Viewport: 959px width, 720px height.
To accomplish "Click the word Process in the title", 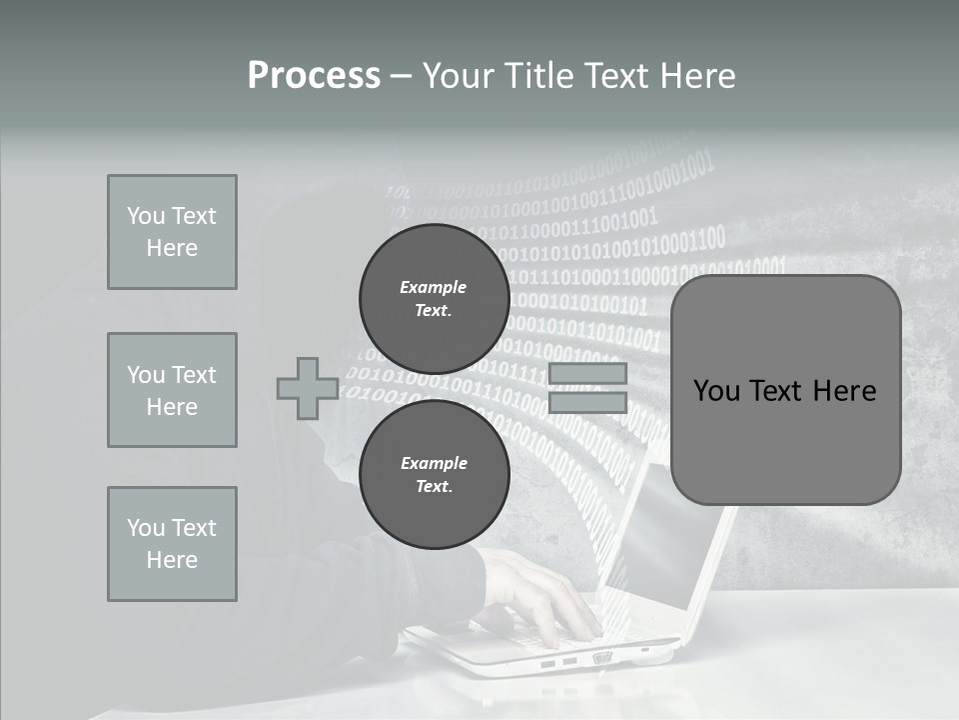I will pyautogui.click(x=314, y=76).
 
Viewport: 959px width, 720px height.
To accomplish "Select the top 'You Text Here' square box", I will pyautogui.click(x=172, y=232).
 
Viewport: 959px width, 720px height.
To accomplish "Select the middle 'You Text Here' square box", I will pyautogui.click(x=172, y=390).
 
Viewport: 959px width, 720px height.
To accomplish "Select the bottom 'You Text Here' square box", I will pyautogui.click(x=172, y=544).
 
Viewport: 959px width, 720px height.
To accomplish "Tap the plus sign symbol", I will pyautogui.click(x=308, y=388).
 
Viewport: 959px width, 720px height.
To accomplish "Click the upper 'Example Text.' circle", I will pyautogui.click(x=434, y=298).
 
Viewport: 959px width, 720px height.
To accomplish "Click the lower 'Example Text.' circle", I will pyautogui.click(x=434, y=474).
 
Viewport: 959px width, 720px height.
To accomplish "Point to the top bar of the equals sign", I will pyautogui.click(x=587, y=373).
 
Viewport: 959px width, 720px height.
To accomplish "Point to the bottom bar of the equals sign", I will pyautogui.click(x=587, y=402).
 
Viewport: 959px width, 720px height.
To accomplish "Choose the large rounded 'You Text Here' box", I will pyautogui.click(x=785, y=390).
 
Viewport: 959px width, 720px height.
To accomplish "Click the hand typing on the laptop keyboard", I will pyautogui.click(x=539, y=595).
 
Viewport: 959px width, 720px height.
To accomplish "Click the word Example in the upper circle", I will pyautogui.click(x=434, y=287).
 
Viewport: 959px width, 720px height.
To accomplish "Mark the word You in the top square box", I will pyautogui.click(x=146, y=216).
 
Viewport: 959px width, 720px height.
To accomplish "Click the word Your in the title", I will pyautogui.click(x=459, y=76).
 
